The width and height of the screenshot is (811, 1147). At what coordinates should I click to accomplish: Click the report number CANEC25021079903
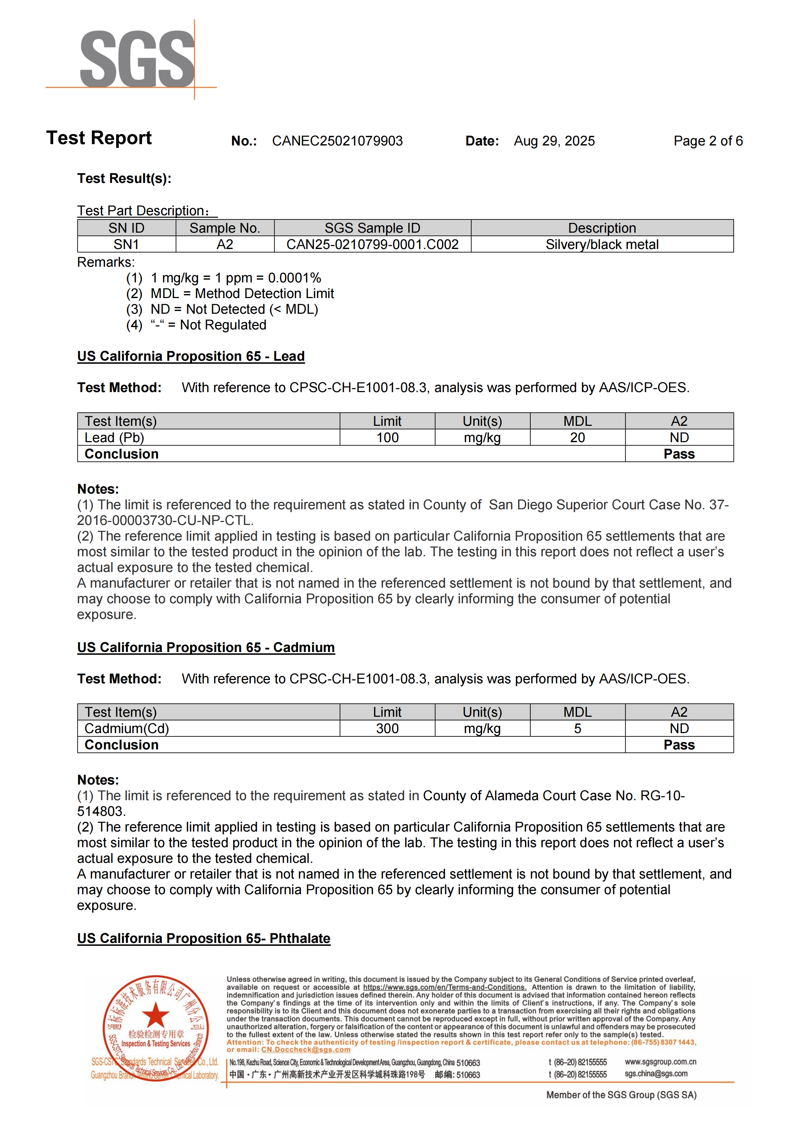pos(337,141)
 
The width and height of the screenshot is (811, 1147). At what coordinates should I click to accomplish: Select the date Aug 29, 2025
pos(554,141)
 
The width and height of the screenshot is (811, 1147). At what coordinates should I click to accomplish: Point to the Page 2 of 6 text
pos(708,141)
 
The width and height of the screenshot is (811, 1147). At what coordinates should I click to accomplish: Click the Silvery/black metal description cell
pos(602,244)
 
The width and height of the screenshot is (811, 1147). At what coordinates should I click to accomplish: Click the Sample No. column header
pos(225,228)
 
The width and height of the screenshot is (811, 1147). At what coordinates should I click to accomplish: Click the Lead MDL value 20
pos(577,438)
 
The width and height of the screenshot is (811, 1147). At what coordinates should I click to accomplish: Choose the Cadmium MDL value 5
pos(577,728)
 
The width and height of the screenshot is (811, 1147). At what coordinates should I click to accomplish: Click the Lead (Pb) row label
pos(114,438)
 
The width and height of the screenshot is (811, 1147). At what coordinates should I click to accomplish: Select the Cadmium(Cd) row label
pos(127,728)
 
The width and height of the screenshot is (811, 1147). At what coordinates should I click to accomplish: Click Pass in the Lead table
pos(679,454)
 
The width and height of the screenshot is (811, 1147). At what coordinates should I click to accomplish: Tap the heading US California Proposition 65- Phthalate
pos(204,938)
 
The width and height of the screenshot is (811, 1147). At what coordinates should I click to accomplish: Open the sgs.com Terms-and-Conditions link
pos(445,987)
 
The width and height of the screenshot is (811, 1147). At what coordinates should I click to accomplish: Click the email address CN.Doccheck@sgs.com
pos(306,1050)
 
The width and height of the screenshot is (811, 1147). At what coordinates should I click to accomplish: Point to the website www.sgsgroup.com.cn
pos(660,1061)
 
